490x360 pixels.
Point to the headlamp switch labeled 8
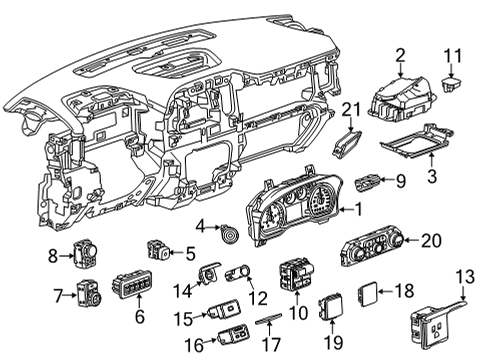pyautogui.click(x=82, y=257)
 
